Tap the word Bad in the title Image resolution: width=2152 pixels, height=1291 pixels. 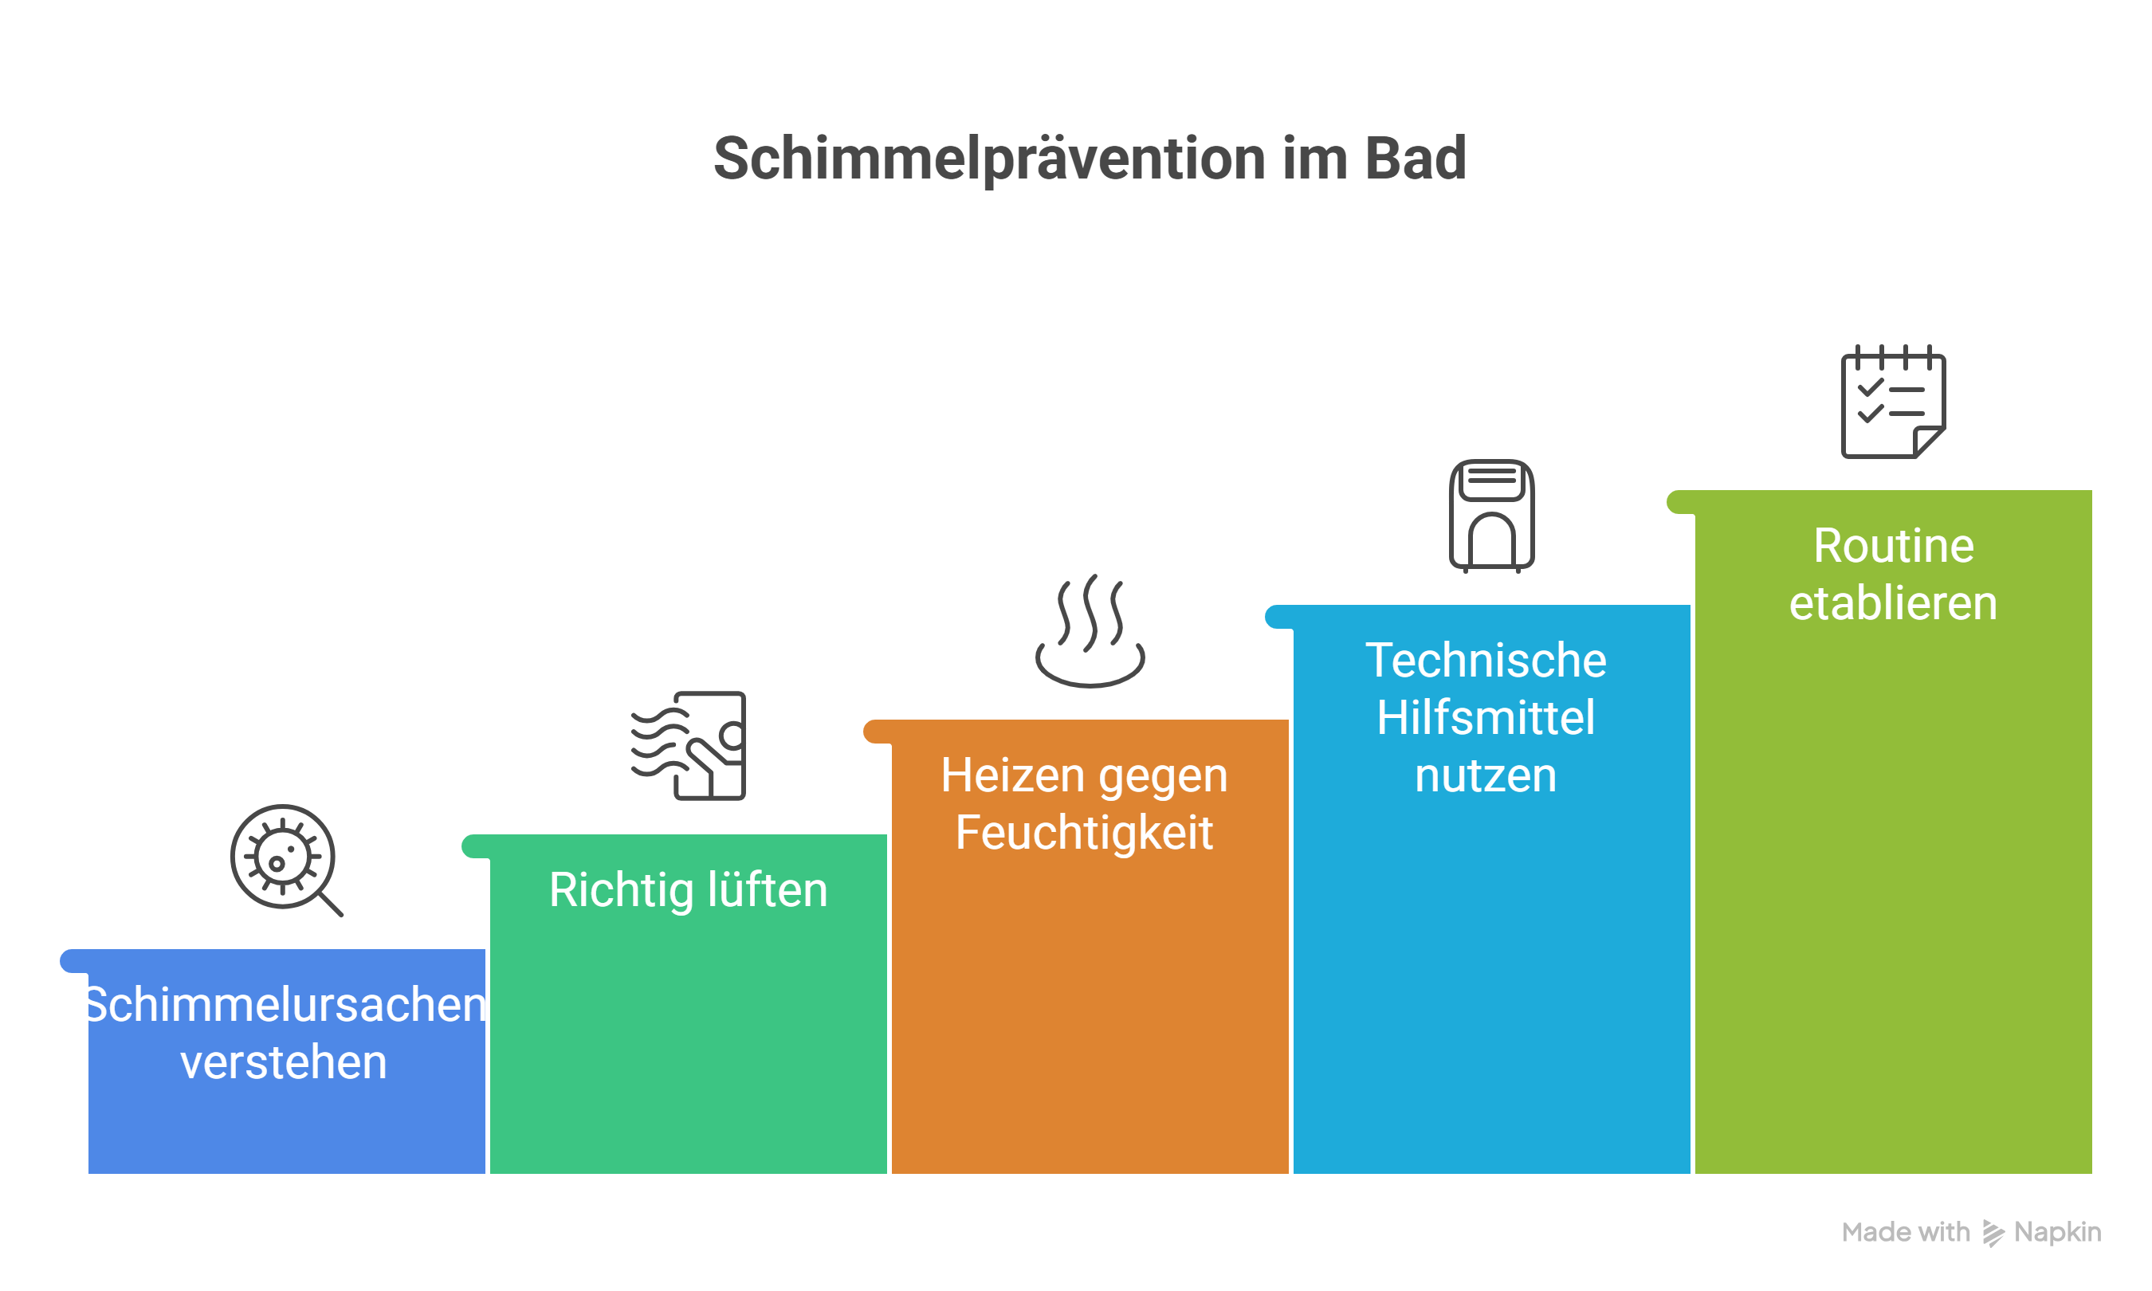[x=1416, y=159]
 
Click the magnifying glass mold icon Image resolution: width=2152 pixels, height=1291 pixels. [x=286, y=860]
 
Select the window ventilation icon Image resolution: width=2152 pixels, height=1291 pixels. [x=688, y=746]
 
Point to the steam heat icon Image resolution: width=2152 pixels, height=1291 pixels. [x=1089, y=630]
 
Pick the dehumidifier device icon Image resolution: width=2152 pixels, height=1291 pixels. [x=1491, y=516]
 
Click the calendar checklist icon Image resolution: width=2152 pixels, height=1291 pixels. [x=1893, y=401]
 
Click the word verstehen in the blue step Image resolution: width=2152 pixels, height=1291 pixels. [x=284, y=1062]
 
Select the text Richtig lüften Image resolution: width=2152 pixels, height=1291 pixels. [x=688, y=890]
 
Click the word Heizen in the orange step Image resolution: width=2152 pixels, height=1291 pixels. [x=1011, y=775]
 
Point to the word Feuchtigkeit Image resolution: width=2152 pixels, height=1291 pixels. [x=1084, y=834]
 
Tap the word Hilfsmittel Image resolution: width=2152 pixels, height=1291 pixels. [x=1486, y=717]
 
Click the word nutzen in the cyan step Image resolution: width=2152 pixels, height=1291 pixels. [x=1486, y=775]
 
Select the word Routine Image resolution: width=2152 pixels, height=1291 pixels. [x=1894, y=545]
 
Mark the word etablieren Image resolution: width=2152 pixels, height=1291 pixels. [x=1893, y=603]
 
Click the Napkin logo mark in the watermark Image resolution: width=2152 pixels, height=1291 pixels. [x=1993, y=1233]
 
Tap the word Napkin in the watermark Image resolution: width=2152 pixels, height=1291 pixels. [x=2057, y=1233]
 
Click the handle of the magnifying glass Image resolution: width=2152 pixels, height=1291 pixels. [x=331, y=904]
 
